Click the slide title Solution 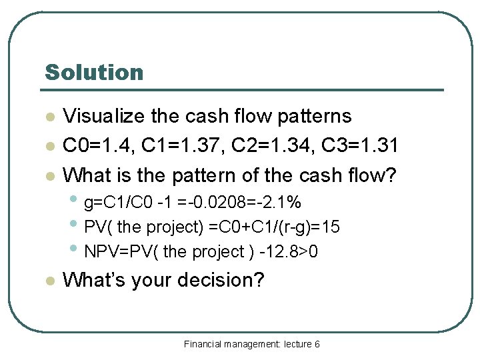tap(93, 72)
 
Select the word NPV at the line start tap(99, 252)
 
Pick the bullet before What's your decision tap(49, 281)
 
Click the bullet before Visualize tap(49, 117)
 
